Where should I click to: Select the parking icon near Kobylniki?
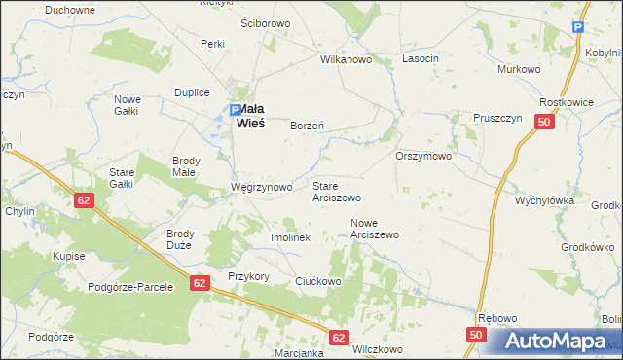coord(579,30)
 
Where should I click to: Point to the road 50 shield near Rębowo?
coord(475,335)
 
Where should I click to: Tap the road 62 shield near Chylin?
coord(84,198)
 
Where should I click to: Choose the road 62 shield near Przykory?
coord(200,282)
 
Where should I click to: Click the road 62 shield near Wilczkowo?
coord(338,337)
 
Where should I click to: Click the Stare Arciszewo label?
coord(337,191)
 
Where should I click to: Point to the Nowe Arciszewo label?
coord(375,229)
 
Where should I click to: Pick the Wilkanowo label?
coord(348,59)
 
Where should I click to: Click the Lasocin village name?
coord(421,59)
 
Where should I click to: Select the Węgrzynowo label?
coord(261,186)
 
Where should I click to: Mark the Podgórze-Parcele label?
coord(130,287)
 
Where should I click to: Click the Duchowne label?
coord(70,9)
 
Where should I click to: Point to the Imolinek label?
coord(289,237)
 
